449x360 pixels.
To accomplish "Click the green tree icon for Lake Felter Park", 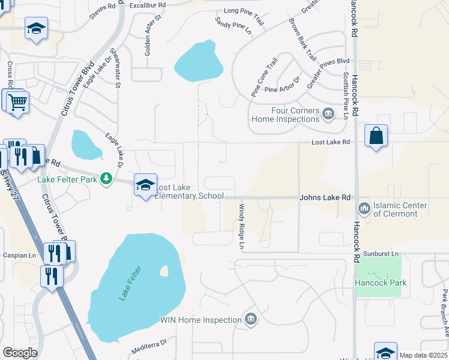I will coord(106,178).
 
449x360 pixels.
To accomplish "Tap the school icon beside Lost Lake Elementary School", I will coord(145,185).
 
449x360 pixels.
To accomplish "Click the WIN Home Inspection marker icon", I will coord(251,319).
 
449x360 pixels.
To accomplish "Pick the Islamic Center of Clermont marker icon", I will coord(364,209).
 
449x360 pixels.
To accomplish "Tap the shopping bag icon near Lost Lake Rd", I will coord(376,136).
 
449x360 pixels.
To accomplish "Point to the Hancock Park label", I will coord(380,283).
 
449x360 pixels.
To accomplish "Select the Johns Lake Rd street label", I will coord(325,197).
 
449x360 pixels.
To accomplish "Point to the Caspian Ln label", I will coord(19,255).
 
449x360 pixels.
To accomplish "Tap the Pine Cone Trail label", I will coord(265,77).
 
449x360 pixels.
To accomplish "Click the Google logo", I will coord(20,352).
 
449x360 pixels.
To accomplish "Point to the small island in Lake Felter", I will coord(164,272).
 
